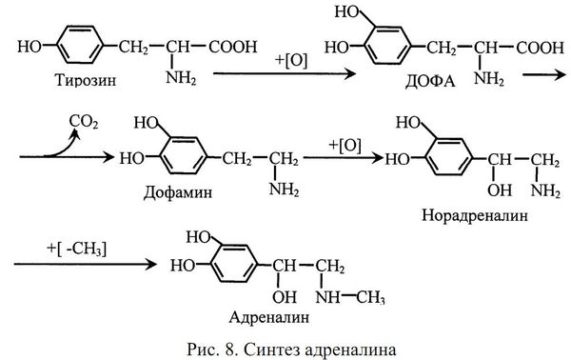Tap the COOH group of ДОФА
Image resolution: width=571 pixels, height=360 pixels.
click(x=540, y=45)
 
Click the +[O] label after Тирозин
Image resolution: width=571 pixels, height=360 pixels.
click(x=291, y=36)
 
